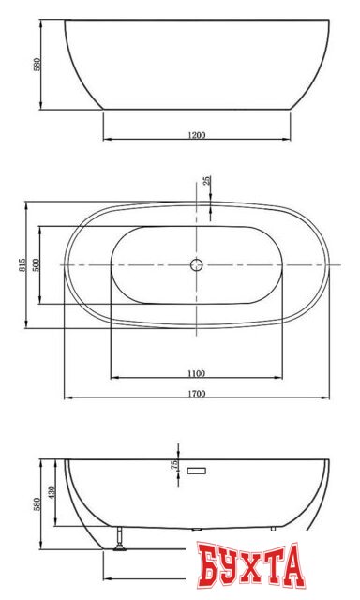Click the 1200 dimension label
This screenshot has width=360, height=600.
(197, 135)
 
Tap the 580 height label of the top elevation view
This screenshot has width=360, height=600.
(37, 65)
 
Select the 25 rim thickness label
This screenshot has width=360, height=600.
(206, 181)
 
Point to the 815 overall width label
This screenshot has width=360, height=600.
(22, 264)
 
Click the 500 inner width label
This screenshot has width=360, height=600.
(36, 264)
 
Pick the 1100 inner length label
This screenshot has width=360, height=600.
(196, 373)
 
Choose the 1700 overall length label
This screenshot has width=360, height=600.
(197, 394)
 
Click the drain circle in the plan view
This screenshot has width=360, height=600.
(197, 264)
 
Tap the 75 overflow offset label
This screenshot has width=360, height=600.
(174, 465)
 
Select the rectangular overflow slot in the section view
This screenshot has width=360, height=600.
(196, 471)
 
